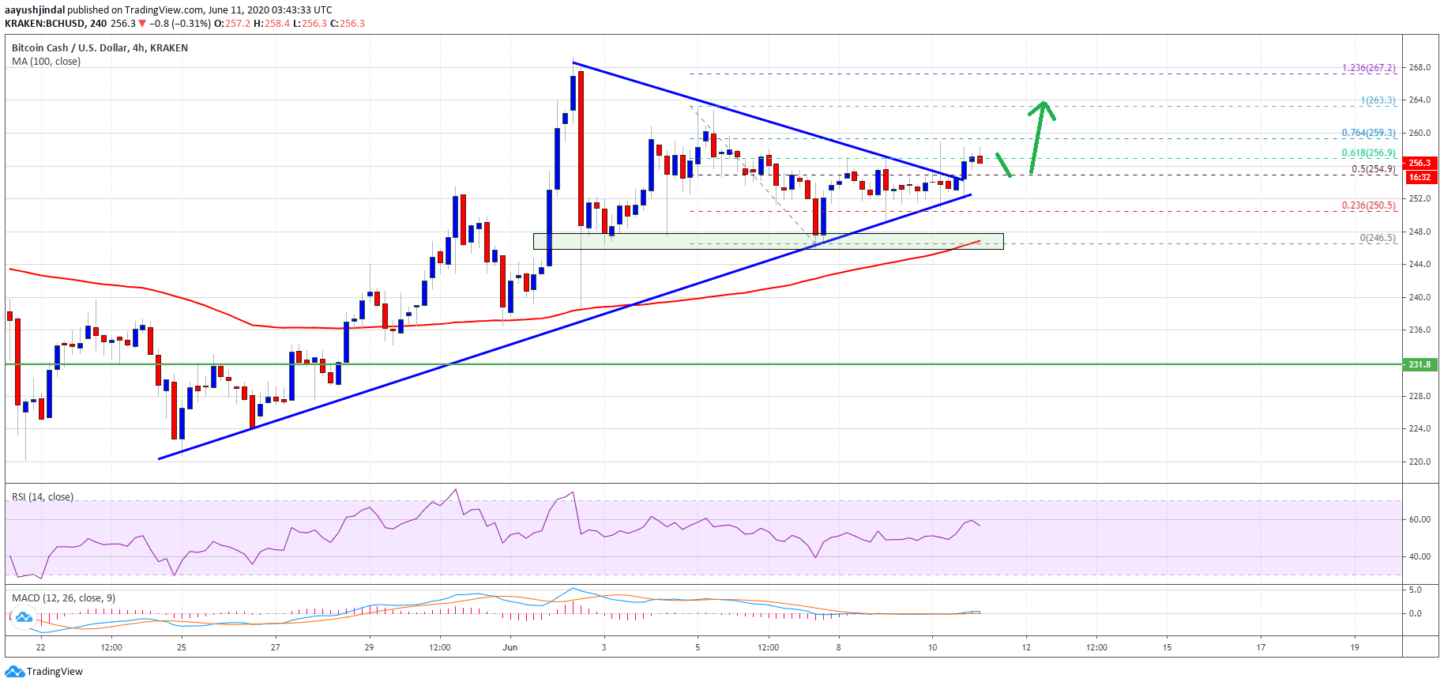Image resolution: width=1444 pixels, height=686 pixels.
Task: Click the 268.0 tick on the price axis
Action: coord(1419,67)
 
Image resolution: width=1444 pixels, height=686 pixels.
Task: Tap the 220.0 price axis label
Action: coord(1419,462)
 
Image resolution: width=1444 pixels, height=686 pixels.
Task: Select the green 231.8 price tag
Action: coord(1419,364)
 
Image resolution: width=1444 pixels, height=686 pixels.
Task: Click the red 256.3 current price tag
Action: coord(1419,163)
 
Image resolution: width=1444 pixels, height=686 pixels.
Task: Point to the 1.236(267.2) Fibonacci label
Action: coord(1368,68)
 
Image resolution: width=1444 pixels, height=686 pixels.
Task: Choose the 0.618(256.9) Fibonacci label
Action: coord(1368,153)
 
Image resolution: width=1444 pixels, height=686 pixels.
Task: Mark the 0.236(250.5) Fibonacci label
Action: coord(1368,205)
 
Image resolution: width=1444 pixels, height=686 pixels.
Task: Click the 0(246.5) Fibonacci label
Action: coord(1377,238)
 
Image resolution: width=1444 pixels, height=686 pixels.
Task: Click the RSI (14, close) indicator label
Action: coord(43,497)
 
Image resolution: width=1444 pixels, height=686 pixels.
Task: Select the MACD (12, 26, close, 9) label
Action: coord(63,598)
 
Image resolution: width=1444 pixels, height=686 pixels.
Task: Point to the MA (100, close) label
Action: coord(46,62)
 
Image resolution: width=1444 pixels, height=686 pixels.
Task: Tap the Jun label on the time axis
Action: coord(510,647)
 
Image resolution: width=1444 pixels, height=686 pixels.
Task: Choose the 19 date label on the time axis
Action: coord(1354,647)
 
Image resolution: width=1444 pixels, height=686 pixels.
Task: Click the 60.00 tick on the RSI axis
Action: coord(1420,519)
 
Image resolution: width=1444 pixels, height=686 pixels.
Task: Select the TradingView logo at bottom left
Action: coord(44,672)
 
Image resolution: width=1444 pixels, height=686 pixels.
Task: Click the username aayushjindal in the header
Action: coord(35,10)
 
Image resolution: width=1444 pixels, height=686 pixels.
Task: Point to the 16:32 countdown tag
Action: coord(1419,177)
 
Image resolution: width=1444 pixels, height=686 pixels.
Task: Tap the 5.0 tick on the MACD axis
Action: coord(1415,590)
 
